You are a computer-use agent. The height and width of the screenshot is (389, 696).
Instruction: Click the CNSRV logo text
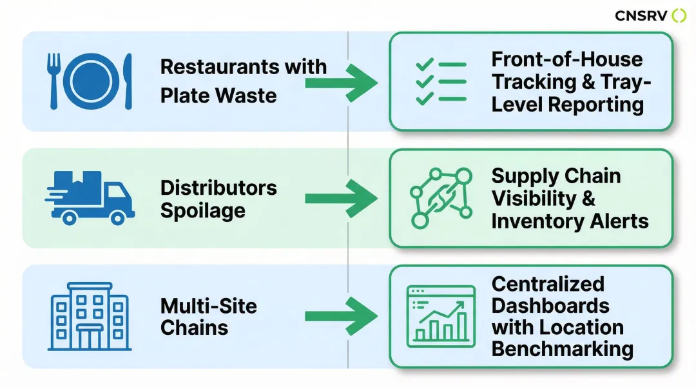coord(641,15)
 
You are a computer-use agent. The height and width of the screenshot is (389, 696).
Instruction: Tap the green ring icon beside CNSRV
coord(679,15)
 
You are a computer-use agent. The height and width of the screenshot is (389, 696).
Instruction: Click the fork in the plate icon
coord(54,80)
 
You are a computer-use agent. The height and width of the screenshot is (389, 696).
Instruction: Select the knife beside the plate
coord(127,81)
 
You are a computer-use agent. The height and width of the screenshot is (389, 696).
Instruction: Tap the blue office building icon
coord(90,316)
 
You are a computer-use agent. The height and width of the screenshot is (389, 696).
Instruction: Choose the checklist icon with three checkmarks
coord(441,82)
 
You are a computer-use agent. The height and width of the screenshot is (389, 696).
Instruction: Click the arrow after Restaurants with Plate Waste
coord(341,82)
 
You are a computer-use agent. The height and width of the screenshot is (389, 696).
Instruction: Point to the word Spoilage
coord(202,211)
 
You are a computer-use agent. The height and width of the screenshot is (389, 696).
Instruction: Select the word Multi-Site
coord(208,305)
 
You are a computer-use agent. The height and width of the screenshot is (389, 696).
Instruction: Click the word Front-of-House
coord(566,59)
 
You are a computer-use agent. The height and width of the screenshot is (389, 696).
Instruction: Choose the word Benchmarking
coord(562,349)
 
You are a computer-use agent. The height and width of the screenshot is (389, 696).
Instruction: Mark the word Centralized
coord(548,284)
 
